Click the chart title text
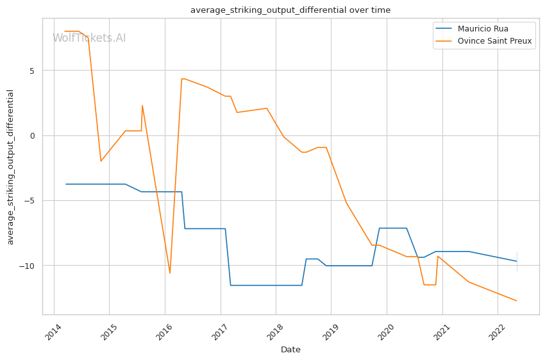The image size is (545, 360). [290, 10]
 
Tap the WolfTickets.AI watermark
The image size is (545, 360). [89, 39]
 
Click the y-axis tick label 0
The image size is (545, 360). [33, 135]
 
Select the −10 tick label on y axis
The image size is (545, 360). [28, 266]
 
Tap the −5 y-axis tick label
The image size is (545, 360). [30, 201]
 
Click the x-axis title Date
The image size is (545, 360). [290, 350]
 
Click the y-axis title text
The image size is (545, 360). [11, 167]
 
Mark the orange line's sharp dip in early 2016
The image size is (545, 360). [170, 273]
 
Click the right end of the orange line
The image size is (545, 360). [517, 301]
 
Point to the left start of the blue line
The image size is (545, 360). [65, 184]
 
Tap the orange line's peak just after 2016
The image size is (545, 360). [182, 79]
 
